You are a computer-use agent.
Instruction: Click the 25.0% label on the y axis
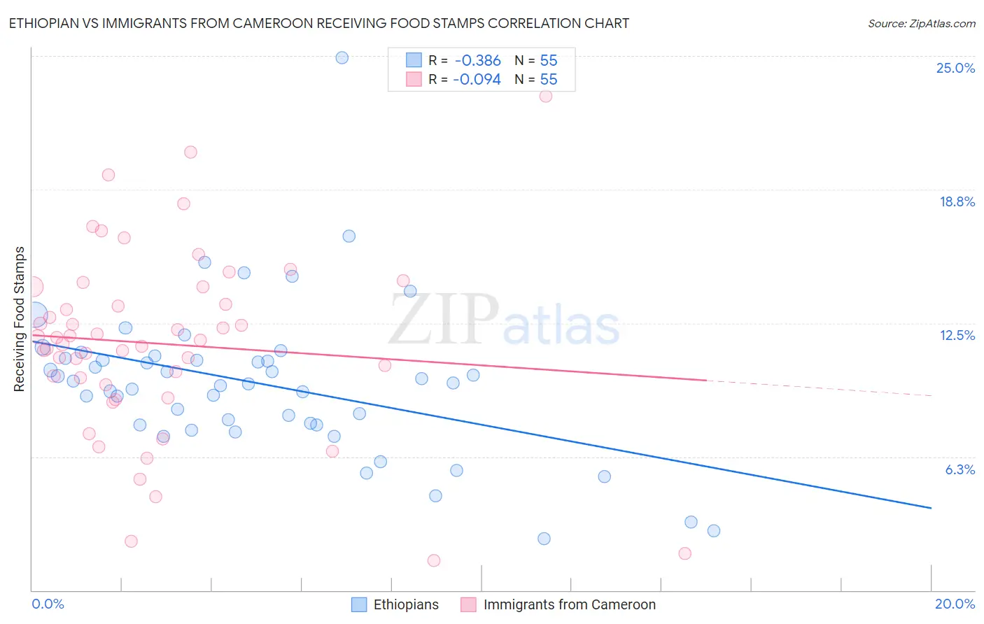[x=955, y=69]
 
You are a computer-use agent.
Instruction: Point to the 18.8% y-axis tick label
[x=957, y=202]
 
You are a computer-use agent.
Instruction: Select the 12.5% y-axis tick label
[x=957, y=336]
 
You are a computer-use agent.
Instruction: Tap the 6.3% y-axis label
[x=960, y=469]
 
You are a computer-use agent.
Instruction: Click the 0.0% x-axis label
[x=48, y=604]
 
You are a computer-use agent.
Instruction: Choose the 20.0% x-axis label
[x=955, y=604]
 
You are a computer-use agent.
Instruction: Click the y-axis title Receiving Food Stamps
[x=20, y=319]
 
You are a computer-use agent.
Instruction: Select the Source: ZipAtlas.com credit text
[x=921, y=23]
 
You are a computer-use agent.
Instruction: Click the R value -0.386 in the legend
[x=477, y=61]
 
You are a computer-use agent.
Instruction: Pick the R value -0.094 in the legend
[x=477, y=80]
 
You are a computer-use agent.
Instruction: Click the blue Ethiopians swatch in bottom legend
[x=359, y=604]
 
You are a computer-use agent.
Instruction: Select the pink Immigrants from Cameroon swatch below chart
[x=468, y=604]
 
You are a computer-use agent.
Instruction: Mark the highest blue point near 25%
[x=342, y=57]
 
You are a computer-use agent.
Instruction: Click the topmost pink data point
[x=546, y=96]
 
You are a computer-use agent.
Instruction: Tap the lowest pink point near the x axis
[x=434, y=560]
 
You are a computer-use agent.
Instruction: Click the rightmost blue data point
[x=714, y=530]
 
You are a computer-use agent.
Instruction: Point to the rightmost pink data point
[x=685, y=553]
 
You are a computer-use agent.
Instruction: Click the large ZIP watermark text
[x=444, y=320]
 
